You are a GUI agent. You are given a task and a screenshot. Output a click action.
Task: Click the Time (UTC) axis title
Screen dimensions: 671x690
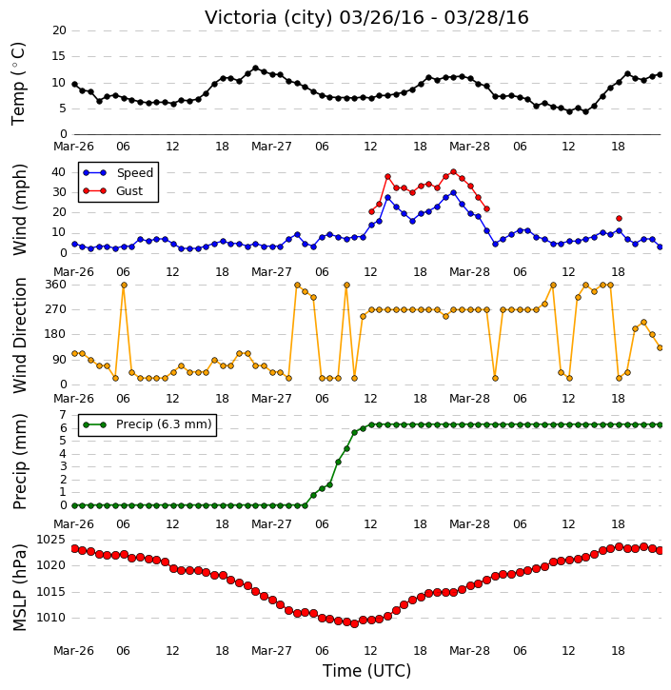[x=366, y=671]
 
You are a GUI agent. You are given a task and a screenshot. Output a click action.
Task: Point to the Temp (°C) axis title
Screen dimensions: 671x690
[x=18, y=84]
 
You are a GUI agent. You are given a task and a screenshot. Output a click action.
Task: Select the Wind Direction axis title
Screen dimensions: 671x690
[x=19, y=335]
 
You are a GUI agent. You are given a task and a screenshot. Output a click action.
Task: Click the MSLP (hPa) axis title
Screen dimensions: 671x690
[x=19, y=587]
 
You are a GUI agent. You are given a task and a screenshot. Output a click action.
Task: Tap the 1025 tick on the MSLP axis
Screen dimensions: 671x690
[x=50, y=540]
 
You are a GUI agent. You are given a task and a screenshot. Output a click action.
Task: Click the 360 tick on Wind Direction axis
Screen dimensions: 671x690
[x=56, y=285]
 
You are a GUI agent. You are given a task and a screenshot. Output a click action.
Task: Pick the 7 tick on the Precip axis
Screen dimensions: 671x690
[x=63, y=415]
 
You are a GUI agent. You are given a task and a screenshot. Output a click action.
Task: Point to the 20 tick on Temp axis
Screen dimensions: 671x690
[x=59, y=30]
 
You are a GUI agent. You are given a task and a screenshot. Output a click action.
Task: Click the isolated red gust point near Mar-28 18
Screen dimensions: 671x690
[x=619, y=218]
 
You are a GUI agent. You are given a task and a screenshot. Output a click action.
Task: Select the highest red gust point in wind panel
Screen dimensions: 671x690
[x=454, y=171]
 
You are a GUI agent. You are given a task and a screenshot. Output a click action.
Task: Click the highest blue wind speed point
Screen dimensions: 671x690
[x=454, y=193]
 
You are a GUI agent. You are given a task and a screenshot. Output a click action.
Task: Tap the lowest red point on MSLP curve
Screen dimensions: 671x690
[x=355, y=623]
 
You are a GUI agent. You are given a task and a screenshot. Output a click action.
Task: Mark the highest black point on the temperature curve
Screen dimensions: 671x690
[x=256, y=69]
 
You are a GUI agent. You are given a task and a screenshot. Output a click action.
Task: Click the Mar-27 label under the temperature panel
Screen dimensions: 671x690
[x=271, y=147]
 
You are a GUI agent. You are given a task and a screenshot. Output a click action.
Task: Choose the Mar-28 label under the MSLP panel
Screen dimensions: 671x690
[x=469, y=651]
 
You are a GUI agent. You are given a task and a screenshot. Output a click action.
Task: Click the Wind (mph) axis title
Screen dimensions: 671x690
[x=19, y=209]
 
